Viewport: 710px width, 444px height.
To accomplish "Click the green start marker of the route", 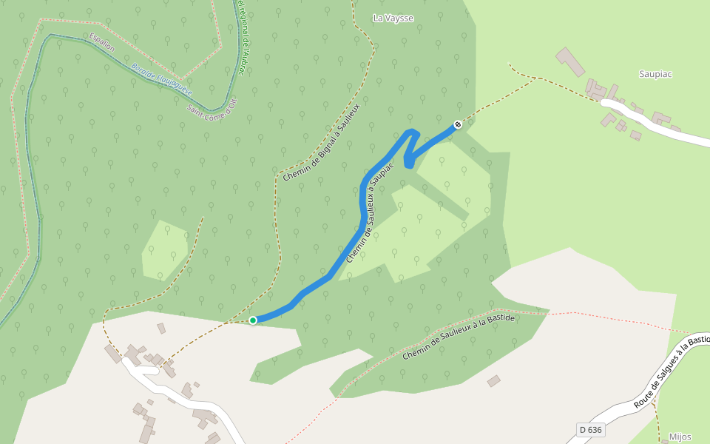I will pos(253,320).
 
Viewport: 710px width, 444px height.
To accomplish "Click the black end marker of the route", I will pos(458,124).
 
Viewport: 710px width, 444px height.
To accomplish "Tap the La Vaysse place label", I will pos(393,18).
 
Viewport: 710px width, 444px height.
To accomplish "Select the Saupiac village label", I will pos(655,74).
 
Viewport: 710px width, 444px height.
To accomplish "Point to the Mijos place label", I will pos(679,437).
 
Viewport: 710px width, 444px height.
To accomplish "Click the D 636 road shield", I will pos(591,430).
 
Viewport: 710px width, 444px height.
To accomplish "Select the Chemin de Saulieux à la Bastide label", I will pos(458,336).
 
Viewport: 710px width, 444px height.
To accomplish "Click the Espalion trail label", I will pos(102,41).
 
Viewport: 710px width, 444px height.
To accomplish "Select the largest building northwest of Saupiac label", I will pos(569,62).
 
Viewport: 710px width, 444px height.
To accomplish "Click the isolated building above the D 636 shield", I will pos(493,381).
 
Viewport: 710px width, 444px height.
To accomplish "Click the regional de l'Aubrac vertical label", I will pos(245,37).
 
